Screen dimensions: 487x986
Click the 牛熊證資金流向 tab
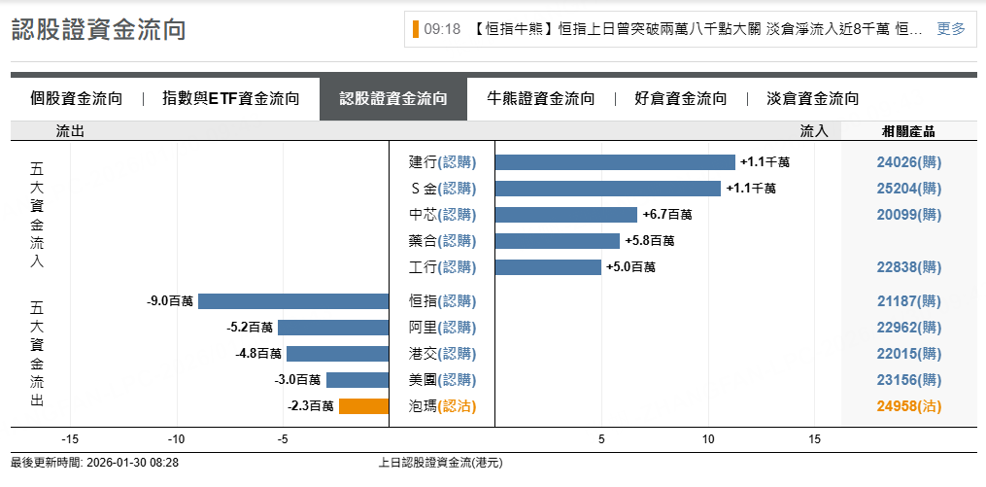tap(541, 98)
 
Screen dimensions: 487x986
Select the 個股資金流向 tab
tap(77, 98)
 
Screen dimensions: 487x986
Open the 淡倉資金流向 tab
tap(813, 98)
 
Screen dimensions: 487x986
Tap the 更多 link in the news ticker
tap(951, 29)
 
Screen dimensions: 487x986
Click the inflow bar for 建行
tap(615, 162)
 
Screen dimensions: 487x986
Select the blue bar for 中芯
tap(566, 215)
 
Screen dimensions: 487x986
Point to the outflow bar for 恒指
tap(293, 301)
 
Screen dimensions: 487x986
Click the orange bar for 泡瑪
tap(363, 406)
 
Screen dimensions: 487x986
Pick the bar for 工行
tap(548, 267)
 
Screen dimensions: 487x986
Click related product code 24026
tap(909, 162)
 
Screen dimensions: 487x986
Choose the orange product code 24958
tap(909, 406)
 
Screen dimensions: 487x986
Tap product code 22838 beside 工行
tap(909, 267)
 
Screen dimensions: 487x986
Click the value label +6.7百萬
tap(666, 215)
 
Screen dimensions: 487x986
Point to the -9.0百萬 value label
tap(170, 301)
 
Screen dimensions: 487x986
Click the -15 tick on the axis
tap(70, 439)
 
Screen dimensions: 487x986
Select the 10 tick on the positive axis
tap(708, 439)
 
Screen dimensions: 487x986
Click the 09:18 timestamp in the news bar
tap(442, 29)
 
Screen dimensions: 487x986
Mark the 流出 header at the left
tap(70, 131)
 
